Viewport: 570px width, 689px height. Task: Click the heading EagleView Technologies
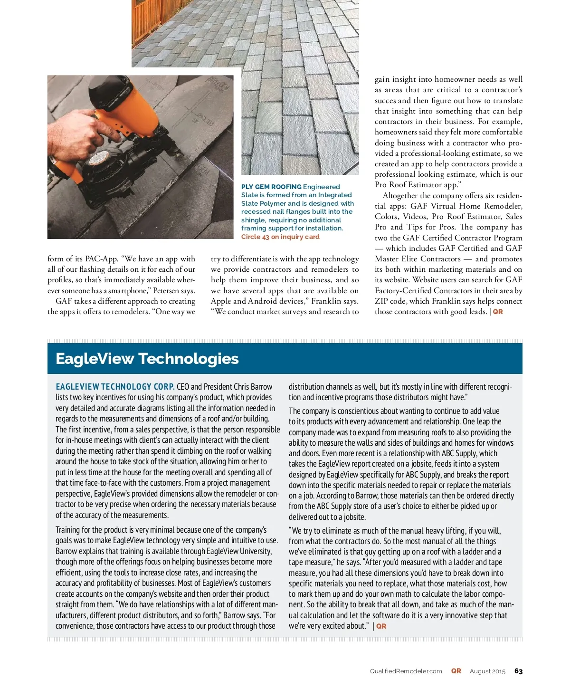[147, 359]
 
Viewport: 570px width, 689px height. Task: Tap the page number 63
[518, 671]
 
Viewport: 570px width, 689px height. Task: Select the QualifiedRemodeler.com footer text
[406, 671]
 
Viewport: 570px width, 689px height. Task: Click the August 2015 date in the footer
[487, 671]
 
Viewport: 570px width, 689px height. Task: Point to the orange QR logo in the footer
[456, 671]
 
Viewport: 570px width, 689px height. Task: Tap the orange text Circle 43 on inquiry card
[280, 237]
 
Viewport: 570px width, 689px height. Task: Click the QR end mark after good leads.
[498, 312]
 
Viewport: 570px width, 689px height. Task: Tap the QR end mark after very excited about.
[381, 626]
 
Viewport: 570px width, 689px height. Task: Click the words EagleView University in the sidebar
[239, 551]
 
